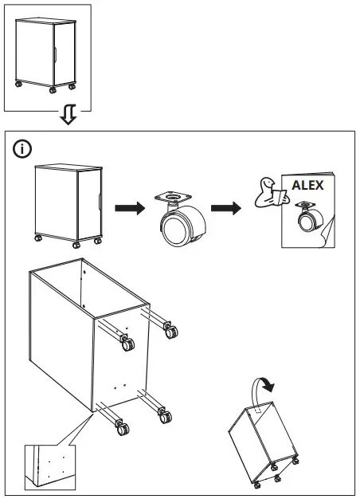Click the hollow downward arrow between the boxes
tap(68, 116)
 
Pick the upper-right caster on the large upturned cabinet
tap(169, 328)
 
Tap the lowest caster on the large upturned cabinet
tap(122, 428)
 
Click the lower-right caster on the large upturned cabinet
tap(163, 415)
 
